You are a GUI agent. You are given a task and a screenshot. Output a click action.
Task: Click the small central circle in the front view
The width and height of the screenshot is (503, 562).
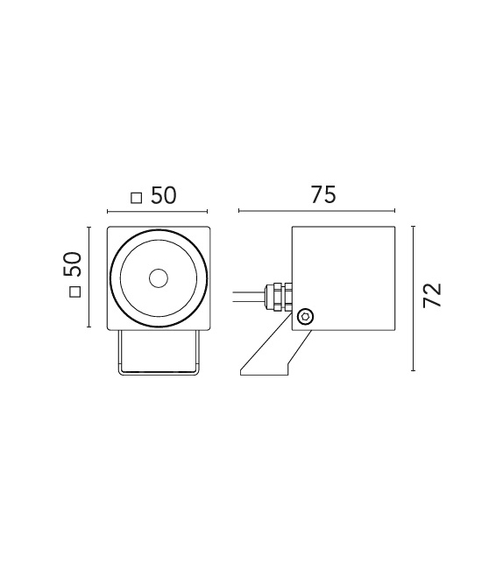[x=158, y=278]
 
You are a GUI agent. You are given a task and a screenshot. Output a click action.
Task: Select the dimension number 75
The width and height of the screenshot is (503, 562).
[x=323, y=195]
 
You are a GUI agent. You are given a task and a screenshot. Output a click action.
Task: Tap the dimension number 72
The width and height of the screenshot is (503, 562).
[x=432, y=295]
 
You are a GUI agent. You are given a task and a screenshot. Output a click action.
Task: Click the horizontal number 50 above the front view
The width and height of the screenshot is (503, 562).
[x=163, y=195]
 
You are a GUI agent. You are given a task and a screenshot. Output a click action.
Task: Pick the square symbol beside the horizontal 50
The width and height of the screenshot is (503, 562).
[x=136, y=198]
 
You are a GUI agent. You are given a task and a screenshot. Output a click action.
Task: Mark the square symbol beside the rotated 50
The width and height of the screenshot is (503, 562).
[x=74, y=292]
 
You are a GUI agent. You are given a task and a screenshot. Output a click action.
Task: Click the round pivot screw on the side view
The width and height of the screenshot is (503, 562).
[x=305, y=316]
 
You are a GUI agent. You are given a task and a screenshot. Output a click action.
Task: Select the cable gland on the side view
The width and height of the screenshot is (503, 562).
[x=279, y=296]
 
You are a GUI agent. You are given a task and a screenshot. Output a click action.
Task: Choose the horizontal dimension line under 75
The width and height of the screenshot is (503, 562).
[x=316, y=211]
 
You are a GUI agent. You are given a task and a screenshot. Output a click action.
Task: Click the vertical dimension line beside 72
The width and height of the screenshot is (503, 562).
[x=413, y=296]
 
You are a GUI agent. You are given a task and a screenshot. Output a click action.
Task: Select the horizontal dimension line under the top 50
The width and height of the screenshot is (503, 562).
[x=157, y=211]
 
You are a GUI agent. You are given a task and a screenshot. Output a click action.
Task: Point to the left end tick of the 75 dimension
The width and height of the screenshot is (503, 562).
[x=239, y=211]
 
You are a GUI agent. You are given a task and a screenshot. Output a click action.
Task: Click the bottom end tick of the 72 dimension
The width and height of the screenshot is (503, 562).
[x=413, y=368]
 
